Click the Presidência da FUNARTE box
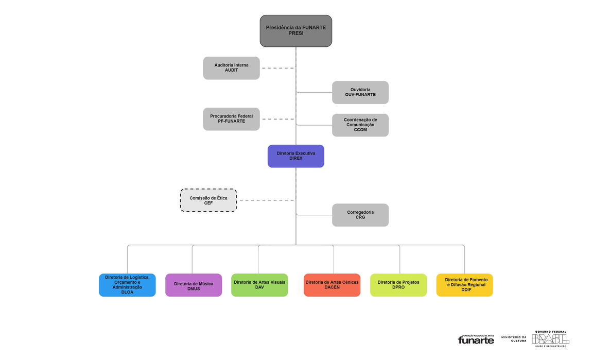tap(295, 31)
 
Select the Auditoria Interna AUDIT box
tap(232, 68)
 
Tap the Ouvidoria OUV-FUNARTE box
tap(360, 92)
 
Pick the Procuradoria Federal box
tap(232, 119)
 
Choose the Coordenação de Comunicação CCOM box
tap(360, 125)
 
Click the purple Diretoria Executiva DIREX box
tap(295, 156)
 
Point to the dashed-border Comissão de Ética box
tap(208, 200)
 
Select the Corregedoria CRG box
tap(360, 215)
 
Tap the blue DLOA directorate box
tap(127, 285)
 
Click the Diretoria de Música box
tap(194, 285)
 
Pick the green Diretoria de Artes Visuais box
tap(259, 285)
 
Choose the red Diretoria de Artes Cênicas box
tap(332, 285)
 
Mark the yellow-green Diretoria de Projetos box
tap(398, 285)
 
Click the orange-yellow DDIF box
tap(464, 285)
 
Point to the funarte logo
tap(476, 339)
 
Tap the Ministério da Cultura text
tap(513, 339)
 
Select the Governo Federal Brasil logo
tap(550, 339)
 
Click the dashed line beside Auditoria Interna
tap(278, 68)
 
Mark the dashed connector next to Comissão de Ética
tap(267, 200)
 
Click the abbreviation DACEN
tap(332, 287)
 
